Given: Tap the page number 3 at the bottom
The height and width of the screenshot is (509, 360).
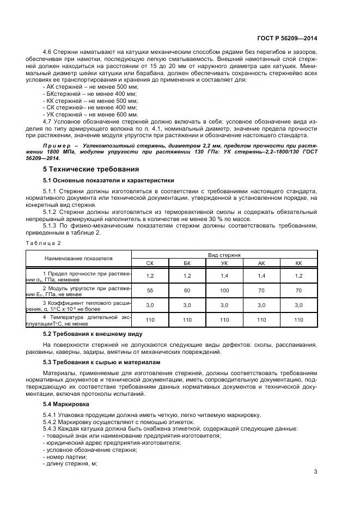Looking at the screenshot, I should pyautogui.click(x=315, y=471).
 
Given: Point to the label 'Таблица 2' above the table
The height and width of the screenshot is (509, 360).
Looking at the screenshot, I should pyautogui.click(x=44, y=242).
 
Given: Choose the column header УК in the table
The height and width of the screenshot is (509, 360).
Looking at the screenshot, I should pyautogui.click(x=224, y=262).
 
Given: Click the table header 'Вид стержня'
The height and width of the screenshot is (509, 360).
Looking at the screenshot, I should pyautogui.click(x=224, y=254).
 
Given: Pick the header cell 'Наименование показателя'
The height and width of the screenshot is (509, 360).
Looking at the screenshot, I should pyautogui.click(x=78, y=258).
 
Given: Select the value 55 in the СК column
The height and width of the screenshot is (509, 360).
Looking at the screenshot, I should pyautogui.click(x=150, y=291).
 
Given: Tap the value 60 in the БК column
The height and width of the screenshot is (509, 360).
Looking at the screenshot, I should pyautogui.click(x=187, y=291).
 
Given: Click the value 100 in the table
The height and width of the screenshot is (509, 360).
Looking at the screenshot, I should pyautogui.click(x=224, y=291).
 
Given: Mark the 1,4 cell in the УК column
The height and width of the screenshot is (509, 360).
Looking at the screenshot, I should pyautogui.click(x=224, y=276).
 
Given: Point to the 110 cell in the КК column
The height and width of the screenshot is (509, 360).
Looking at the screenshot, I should pyautogui.click(x=298, y=320).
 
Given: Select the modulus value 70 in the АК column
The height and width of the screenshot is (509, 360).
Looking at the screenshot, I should pyautogui.click(x=261, y=291).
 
